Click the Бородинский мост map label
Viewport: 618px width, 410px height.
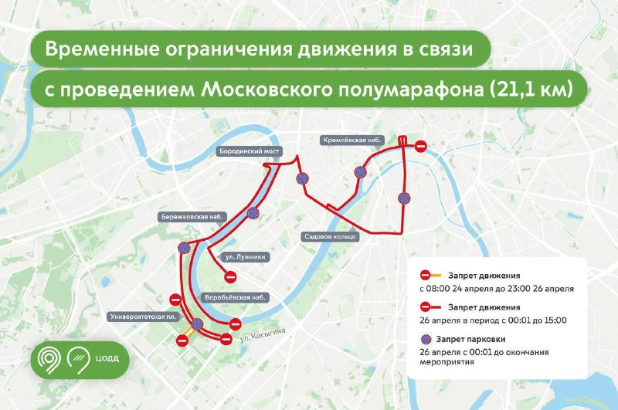pyautogui.click(x=248, y=151)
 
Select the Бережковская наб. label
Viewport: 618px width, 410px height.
pyautogui.click(x=192, y=217)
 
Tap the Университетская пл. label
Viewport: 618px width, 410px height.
pyautogui.click(x=141, y=317)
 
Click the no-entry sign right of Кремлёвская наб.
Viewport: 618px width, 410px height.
pyautogui.click(x=421, y=146)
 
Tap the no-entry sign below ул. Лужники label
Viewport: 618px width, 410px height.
pyautogui.click(x=229, y=276)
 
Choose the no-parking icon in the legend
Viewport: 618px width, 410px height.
pyautogui.click(x=426, y=338)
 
